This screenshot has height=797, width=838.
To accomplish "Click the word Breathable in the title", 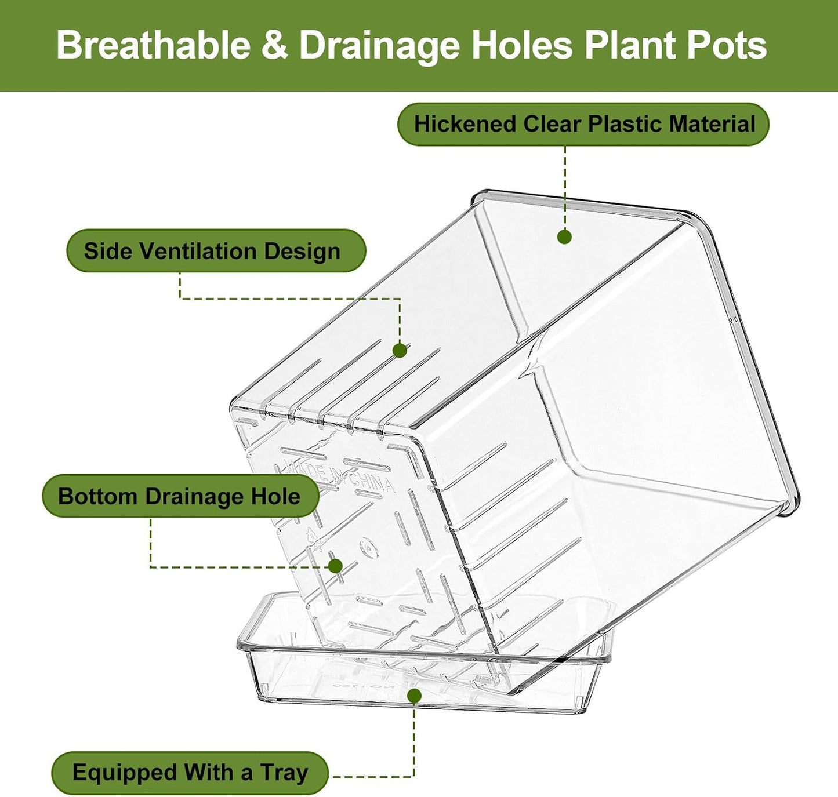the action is click(154, 45).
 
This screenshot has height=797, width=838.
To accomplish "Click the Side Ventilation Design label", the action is click(216, 250).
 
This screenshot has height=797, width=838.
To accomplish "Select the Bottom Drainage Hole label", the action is click(181, 496).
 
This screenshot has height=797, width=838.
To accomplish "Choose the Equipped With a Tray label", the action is click(190, 773).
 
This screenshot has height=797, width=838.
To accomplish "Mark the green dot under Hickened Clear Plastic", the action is click(565, 236).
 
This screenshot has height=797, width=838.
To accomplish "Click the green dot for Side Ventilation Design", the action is click(400, 351).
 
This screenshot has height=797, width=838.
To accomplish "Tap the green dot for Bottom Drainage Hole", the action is click(335, 566).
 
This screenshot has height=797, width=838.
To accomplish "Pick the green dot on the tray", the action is click(414, 696).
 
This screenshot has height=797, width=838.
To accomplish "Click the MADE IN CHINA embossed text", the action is click(334, 478).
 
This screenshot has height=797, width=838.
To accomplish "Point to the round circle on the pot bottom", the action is click(368, 548).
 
